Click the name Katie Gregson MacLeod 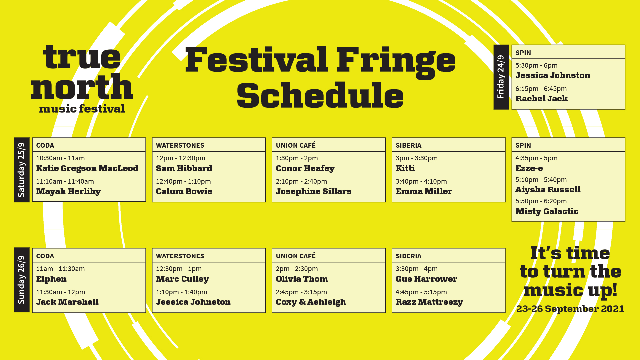87,168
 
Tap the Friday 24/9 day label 501,77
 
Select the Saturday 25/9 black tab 22,170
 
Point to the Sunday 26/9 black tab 22,280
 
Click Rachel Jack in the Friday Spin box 541,99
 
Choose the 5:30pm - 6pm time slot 536,65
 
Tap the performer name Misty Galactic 547,211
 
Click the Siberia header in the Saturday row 408,145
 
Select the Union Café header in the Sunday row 296,256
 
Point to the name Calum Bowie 184,191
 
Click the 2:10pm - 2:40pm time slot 301,181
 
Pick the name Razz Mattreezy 429,302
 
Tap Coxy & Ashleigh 311,302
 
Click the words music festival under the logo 82,109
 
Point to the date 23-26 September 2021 570,309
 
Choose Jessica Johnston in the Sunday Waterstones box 193,302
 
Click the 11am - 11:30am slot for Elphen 60,269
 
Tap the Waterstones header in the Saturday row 180,145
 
